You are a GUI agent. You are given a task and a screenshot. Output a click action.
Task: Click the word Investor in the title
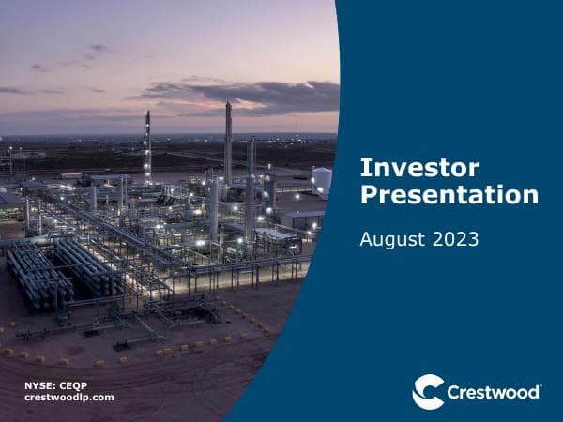pyautogui.click(x=419, y=168)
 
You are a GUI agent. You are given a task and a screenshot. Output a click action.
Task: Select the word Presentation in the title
pyautogui.click(x=449, y=195)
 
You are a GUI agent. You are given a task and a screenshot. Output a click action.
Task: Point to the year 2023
pyautogui.click(x=454, y=239)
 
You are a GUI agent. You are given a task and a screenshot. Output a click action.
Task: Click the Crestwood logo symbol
pyautogui.click(x=428, y=391)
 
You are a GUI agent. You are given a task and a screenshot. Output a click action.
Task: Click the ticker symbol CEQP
pyautogui.click(x=73, y=385)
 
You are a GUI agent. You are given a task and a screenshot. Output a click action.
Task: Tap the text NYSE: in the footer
pyautogui.click(x=39, y=385)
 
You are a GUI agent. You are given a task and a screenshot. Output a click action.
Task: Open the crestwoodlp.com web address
pyautogui.click(x=68, y=398)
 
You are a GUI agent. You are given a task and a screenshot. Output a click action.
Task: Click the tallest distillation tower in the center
pyautogui.click(x=228, y=150)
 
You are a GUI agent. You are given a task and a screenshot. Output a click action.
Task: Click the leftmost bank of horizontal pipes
pyautogui.click(x=38, y=272)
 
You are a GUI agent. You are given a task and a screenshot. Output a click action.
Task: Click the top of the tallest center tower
pyautogui.click(x=228, y=106)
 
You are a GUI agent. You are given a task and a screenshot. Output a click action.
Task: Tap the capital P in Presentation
pyautogui.click(x=369, y=195)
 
